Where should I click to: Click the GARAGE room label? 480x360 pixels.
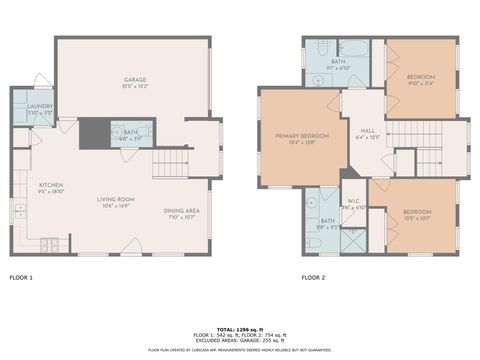click(135, 79)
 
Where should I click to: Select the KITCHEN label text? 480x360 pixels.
click(51, 185)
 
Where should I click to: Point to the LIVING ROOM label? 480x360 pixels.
click(116, 199)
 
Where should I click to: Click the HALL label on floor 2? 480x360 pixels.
click(367, 130)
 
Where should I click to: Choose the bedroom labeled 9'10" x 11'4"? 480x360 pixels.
click(420, 77)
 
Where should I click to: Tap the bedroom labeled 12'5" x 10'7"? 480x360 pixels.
click(417, 212)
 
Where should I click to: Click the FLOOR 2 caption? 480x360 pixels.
click(314, 277)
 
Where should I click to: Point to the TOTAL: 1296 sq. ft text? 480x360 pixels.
click(239, 328)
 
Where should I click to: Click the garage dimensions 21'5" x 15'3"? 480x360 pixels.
click(135, 86)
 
